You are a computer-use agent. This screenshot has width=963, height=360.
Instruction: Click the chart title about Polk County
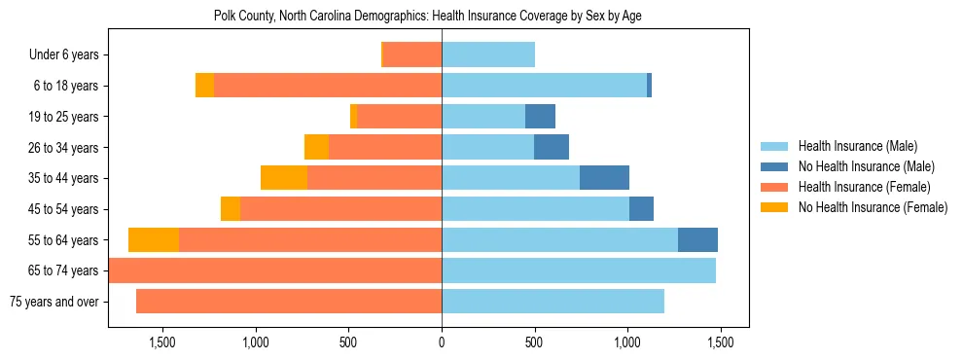(x=427, y=17)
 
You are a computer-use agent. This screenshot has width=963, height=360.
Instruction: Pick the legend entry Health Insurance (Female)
(x=862, y=187)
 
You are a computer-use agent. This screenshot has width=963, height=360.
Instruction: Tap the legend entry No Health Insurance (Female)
(x=872, y=207)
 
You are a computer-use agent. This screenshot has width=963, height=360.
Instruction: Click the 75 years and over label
(x=53, y=302)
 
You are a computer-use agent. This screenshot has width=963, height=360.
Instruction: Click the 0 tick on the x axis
(x=442, y=343)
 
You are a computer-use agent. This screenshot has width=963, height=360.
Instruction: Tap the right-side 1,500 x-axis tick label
(x=720, y=343)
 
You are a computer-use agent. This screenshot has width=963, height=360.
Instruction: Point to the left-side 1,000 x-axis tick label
(x=256, y=343)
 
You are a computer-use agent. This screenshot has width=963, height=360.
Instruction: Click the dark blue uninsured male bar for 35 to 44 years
(x=604, y=178)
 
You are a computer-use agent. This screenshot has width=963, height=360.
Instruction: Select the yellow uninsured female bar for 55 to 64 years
(x=154, y=240)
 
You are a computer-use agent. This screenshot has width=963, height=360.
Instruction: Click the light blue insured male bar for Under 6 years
(x=488, y=55)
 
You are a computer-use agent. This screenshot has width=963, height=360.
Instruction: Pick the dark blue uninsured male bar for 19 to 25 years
(x=540, y=117)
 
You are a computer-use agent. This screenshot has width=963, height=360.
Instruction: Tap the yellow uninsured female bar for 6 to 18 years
(x=204, y=86)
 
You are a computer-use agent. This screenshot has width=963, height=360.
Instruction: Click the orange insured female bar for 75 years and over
(x=289, y=302)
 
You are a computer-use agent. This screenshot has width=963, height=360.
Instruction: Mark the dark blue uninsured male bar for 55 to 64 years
(x=697, y=240)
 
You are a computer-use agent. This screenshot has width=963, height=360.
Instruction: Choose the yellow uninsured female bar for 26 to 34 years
(x=316, y=148)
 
